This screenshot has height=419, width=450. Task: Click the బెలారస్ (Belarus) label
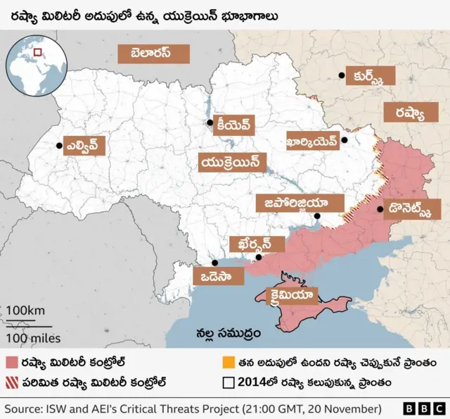[154, 54]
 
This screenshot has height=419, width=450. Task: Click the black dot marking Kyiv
[210, 124]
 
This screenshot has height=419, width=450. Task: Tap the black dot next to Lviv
[59, 146]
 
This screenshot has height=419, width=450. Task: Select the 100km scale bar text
[27, 311]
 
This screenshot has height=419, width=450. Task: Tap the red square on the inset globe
[37, 51]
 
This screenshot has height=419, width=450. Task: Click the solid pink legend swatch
[12, 363]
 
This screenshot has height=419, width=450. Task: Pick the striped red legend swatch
[12, 384]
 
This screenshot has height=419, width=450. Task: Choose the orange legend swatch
[228, 363]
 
